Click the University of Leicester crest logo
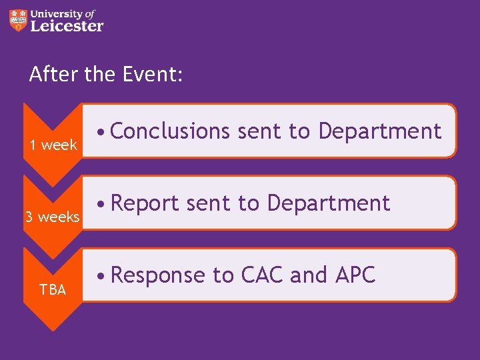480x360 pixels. tap(19, 20)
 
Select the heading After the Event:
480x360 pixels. tap(105, 74)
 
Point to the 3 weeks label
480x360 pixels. tap(52, 217)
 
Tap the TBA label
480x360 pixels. tap(52, 289)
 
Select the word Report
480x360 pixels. tap(145, 203)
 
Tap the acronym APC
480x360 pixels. tap(354, 275)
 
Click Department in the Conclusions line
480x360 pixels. tap(379, 131)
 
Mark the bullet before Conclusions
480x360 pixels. tap(99, 132)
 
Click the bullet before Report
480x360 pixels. tap(99, 204)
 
